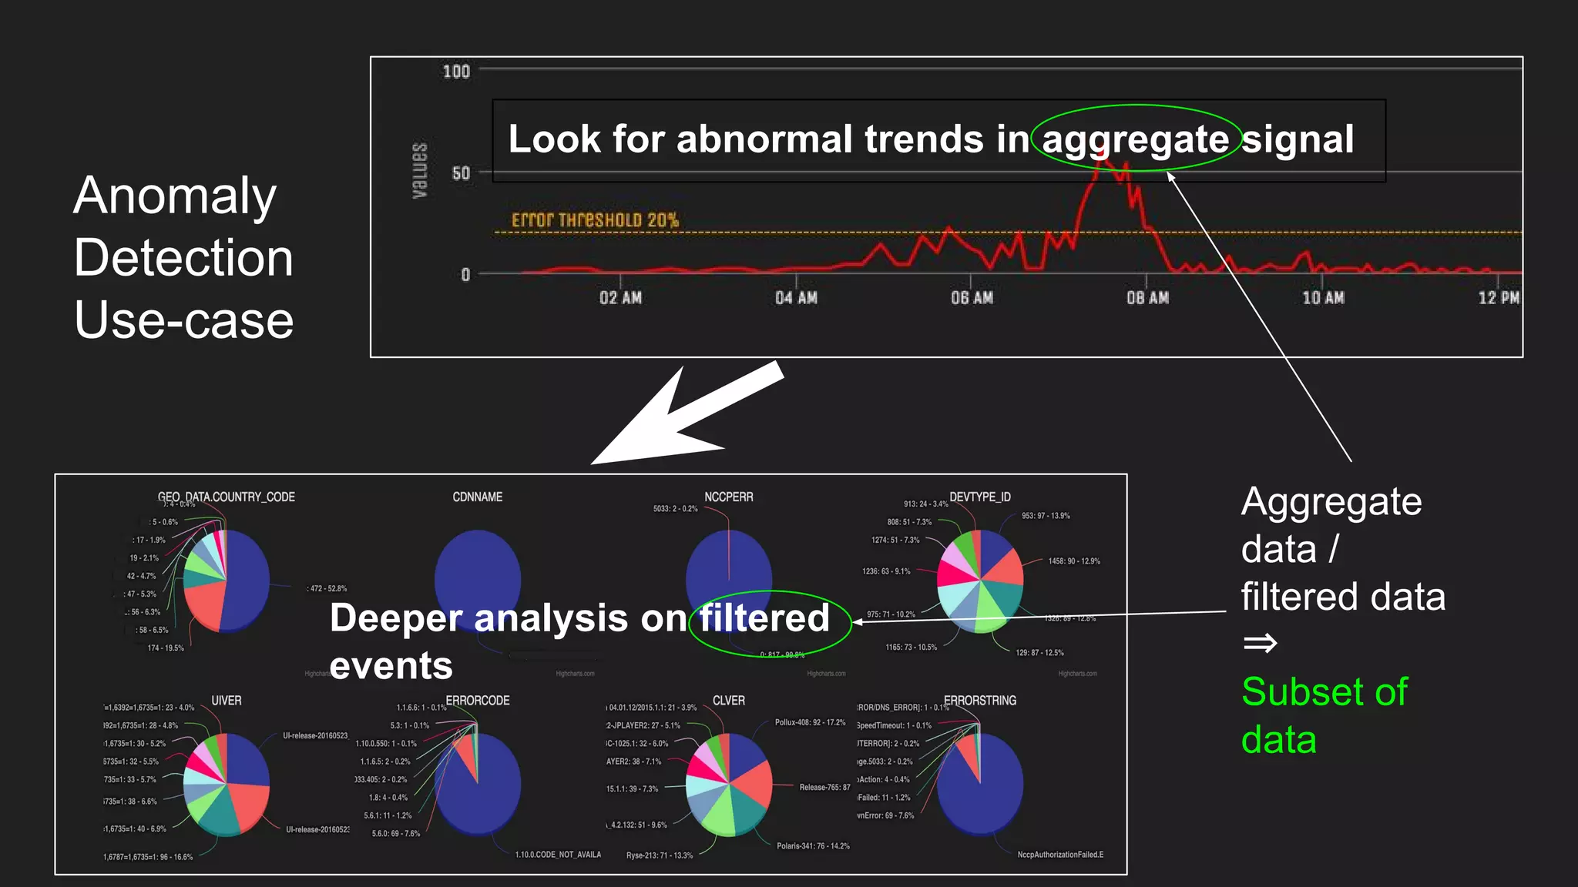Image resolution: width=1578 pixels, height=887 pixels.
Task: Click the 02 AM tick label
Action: pos(620,298)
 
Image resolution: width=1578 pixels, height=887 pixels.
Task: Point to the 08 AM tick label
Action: pos(1147,298)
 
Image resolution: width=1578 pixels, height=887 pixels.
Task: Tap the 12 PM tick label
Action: pos(1498,298)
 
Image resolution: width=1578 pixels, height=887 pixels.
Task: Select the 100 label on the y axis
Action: pos(456,72)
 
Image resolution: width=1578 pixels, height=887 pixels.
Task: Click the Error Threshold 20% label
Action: pos(595,220)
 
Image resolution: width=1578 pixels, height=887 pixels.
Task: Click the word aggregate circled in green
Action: pos(1135,139)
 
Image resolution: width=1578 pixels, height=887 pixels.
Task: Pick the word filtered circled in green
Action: pos(764,618)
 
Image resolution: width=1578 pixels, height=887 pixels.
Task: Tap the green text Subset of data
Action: pos(1324,715)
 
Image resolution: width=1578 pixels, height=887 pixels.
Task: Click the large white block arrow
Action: pos(686,417)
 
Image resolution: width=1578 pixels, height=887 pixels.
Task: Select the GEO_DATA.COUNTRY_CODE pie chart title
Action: pos(227,497)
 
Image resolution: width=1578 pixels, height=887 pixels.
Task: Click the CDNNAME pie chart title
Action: pos(478,497)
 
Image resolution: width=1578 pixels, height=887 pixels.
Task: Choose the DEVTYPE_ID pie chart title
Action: pos(980,497)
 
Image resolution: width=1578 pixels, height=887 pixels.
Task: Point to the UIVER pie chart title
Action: pos(227,701)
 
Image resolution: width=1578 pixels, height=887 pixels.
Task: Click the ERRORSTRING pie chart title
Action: pos(980,701)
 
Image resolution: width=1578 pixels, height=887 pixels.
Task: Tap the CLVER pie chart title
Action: pos(729,701)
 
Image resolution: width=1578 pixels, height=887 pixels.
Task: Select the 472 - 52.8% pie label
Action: pos(327,589)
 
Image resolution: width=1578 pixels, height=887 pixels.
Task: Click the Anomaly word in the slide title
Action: pos(175,196)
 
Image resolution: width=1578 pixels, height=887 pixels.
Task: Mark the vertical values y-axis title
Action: pos(420,171)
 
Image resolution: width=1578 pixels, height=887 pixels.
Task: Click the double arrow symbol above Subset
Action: pos(1260,642)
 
